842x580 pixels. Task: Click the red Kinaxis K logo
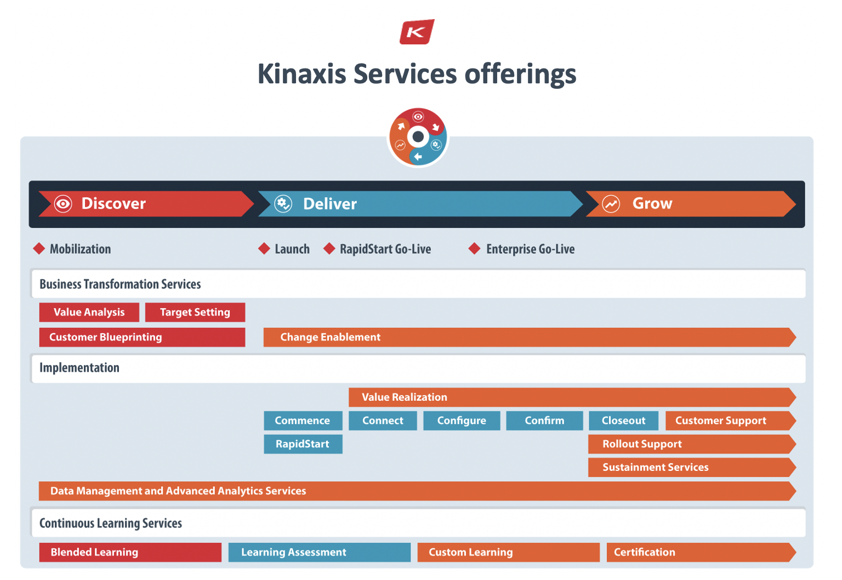(417, 32)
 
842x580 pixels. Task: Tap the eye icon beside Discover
(63, 204)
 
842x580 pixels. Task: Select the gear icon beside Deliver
(283, 204)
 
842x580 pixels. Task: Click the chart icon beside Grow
(611, 204)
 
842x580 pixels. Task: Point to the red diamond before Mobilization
(39, 248)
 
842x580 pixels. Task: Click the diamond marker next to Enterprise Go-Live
(474, 248)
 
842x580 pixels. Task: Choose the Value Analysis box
(89, 312)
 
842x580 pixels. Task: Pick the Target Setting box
(195, 312)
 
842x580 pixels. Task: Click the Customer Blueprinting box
(141, 337)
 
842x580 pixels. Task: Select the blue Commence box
(303, 420)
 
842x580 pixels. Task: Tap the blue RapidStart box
(303, 444)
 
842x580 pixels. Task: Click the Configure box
(462, 420)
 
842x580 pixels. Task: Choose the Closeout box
(623, 420)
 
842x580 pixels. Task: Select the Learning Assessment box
(319, 552)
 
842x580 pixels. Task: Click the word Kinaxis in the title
(301, 74)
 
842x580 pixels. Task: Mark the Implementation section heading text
(79, 368)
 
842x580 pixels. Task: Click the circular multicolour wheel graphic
(418, 137)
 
